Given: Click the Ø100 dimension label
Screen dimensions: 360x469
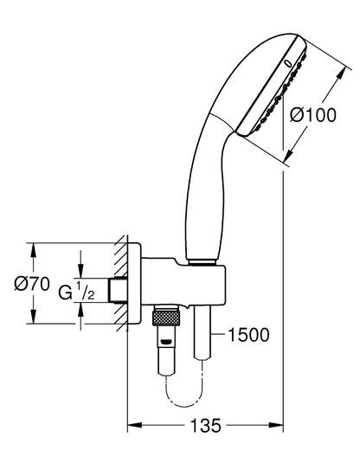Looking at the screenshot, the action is point(313,115).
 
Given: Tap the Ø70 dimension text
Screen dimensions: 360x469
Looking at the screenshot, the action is point(32,283).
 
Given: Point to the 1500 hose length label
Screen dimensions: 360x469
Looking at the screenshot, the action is point(248,335).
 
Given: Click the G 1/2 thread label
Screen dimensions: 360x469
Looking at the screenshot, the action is point(77,292).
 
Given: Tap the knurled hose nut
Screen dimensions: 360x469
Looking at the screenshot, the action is point(166,318).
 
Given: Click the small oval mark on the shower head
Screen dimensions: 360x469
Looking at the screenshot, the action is point(288,63).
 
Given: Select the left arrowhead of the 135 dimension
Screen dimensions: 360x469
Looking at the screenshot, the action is point(134,425).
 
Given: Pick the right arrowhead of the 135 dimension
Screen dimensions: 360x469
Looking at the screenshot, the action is point(276,425).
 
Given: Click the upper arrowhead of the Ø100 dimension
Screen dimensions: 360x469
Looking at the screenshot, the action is point(342,74).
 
